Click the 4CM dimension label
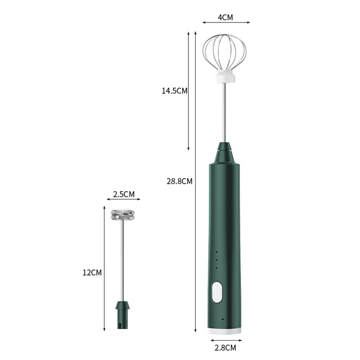click(x=226, y=17)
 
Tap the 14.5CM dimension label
click(x=174, y=91)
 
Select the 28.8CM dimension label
click(x=179, y=181)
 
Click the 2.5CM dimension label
click(x=124, y=194)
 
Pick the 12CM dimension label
click(x=92, y=273)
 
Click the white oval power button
click(x=217, y=292)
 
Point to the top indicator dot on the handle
click(x=217, y=252)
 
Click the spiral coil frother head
click(x=122, y=215)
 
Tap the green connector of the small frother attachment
click(x=122, y=315)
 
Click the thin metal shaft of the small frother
click(x=122, y=259)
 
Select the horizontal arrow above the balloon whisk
click(x=226, y=22)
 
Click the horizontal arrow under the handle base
click(x=226, y=340)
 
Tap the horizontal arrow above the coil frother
click(x=123, y=199)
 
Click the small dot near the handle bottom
click(x=222, y=319)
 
